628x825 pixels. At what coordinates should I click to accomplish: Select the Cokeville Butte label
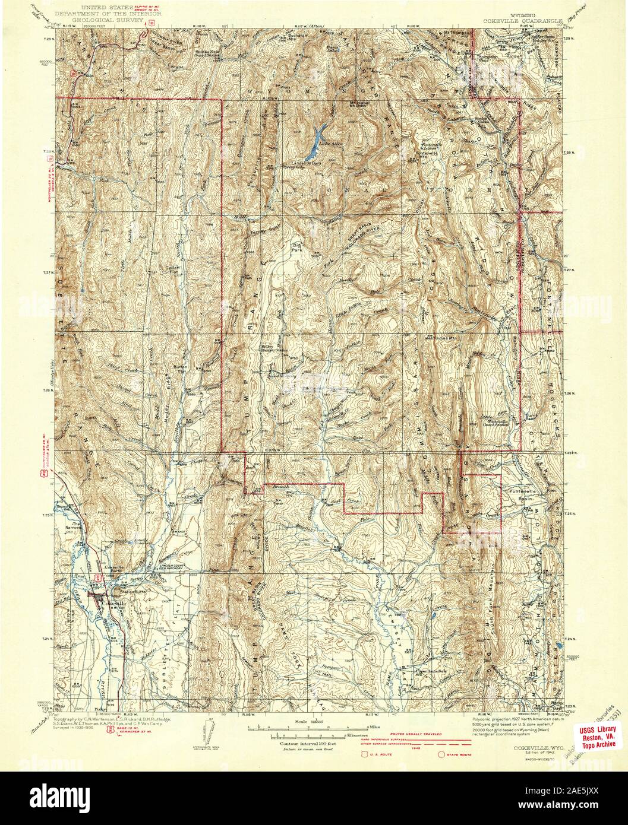(x=100, y=568)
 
